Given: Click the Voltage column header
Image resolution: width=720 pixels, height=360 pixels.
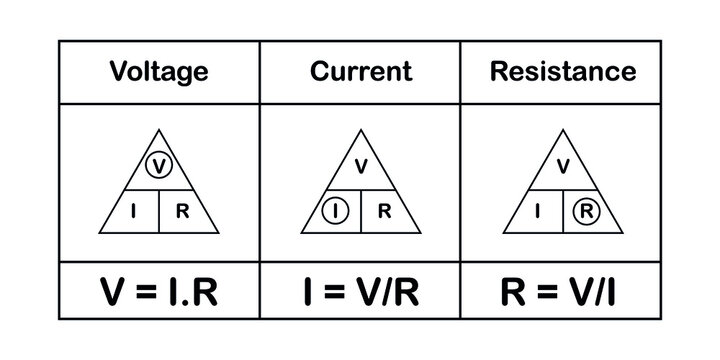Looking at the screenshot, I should tap(159, 72).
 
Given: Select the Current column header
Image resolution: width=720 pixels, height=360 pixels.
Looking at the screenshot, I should tap(360, 72).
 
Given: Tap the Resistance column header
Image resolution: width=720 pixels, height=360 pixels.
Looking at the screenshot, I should tap(562, 72).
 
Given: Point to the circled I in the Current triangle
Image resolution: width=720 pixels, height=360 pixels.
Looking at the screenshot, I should tap(337, 211).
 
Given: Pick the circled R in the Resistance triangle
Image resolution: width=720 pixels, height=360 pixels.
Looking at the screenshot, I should tap(586, 211).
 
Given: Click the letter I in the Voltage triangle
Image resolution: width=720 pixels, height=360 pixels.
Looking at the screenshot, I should tap(135, 211).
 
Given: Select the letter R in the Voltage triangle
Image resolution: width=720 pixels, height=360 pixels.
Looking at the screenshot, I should tap(182, 211).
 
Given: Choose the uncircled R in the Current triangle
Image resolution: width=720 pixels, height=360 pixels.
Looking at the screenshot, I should tap(384, 211).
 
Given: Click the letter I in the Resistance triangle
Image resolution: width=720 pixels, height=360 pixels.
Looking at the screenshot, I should tap(539, 211).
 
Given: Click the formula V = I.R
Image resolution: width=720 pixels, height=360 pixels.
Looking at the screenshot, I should tap(159, 291).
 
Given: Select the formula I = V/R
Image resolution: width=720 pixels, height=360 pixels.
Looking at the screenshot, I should tap(360, 291).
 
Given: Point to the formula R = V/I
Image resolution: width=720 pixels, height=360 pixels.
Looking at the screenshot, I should tap(562, 291).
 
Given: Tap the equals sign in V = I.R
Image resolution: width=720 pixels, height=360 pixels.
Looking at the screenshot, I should tap(146, 292).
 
